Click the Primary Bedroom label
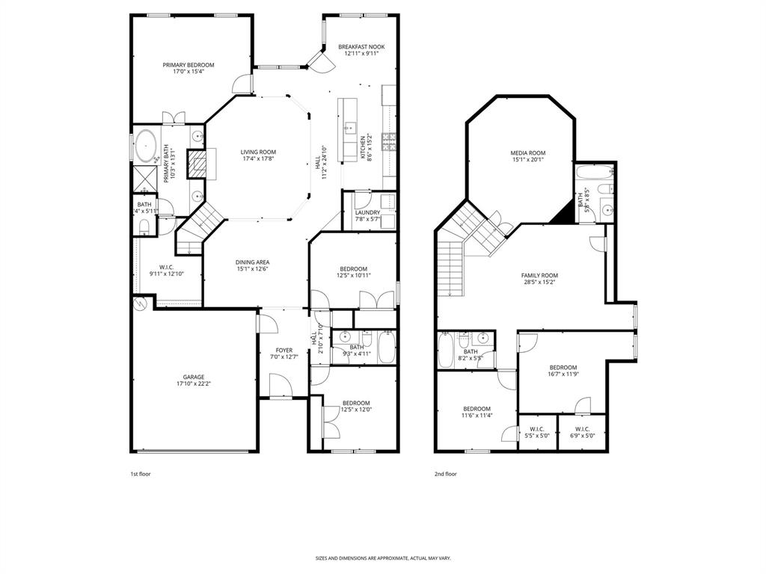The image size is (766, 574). tap(189, 65)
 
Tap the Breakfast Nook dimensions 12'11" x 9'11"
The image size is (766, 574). tap(361, 54)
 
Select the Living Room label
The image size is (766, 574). tap(258, 152)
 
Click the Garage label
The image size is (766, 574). tap(194, 377)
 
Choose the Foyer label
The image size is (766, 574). tap(284, 350)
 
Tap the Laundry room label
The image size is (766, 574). tap(367, 212)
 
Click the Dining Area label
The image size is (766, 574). tap(253, 262)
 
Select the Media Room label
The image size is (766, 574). tap(527, 152)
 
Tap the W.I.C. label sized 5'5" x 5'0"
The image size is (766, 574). tap(537, 432)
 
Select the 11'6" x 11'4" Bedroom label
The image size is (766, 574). tap(476, 409)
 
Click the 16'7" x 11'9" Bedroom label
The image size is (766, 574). tap(563, 367)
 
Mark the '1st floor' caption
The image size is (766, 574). tap(141, 474)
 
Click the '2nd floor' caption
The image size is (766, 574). tap(445, 474)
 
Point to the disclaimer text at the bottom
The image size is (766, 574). tap(383, 558)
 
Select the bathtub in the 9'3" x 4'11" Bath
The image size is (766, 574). tap(387, 348)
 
